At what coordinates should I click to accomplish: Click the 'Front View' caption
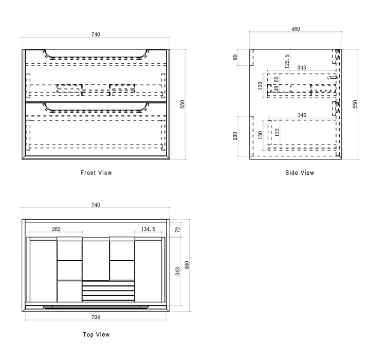pyautogui.click(x=96, y=173)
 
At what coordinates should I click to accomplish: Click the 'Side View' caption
pyautogui.click(x=300, y=173)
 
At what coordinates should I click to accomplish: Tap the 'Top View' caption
pyautogui.click(x=96, y=334)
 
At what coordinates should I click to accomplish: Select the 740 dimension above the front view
pyautogui.click(x=96, y=34)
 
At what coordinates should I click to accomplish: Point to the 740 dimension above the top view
pyautogui.click(x=96, y=205)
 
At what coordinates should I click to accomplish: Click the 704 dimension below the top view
pyautogui.click(x=96, y=317)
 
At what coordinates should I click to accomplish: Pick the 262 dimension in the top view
pyautogui.click(x=56, y=229)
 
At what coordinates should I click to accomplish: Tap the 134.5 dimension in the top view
pyautogui.click(x=148, y=229)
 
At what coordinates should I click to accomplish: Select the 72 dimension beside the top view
pyautogui.click(x=178, y=229)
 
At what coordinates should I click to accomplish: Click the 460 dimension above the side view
pyautogui.click(x=296, y=29)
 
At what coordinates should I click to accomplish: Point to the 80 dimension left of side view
pyautogui.click(x=235, y=57)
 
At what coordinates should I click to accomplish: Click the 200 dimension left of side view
pyautogui.click(x=235, y=136)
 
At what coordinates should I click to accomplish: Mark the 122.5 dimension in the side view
pyautogui.click(x=287, y=61)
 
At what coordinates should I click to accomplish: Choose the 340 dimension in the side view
pyautogui.click(x=302, y=115)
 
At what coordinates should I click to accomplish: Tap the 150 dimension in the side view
pyautogui.click(x=260, y=135)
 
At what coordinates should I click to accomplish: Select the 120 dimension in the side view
pyautogui.click(x=260, y=86)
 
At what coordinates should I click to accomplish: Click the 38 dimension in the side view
pyautogui.click(x=277, y=89)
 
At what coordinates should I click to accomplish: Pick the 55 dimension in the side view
pyautogui.click(x=277, y=79)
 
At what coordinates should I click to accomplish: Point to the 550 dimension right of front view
pyautogui.click(x=182, y=104)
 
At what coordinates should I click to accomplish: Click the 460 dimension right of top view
pyautogui.click(x=187, y=265)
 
